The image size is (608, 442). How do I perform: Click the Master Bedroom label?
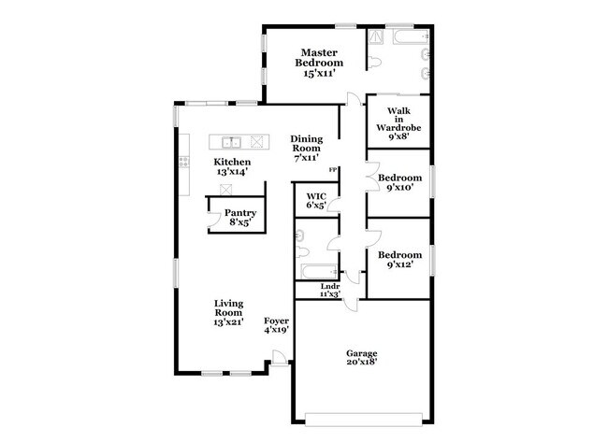(317, 57)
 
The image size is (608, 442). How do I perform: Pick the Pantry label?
(240, 212)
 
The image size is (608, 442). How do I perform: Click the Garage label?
(362, 353)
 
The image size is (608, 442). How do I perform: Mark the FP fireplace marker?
(332, 169)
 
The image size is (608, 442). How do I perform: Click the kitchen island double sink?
(232, 142)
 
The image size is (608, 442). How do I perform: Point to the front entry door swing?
(277, 358)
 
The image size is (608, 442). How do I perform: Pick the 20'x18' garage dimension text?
(362, 365)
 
